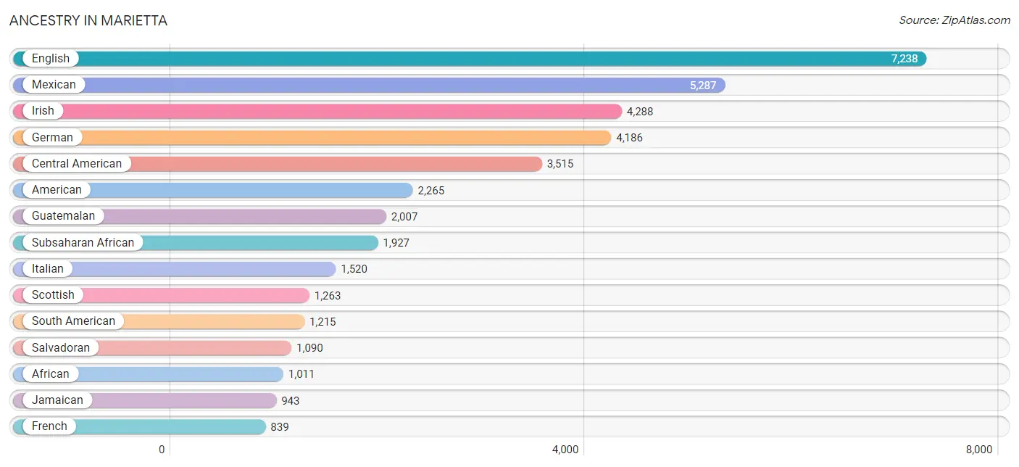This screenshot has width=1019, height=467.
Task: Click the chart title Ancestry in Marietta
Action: click(x=88, y=20)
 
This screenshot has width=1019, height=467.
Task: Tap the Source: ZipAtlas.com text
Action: click(x=954, y=20)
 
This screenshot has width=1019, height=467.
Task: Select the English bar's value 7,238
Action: click(x=904, y=59)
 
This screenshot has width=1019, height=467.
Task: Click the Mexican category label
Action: click(x=54, y=85)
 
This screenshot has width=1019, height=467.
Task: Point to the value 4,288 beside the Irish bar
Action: click(x=640, y=112)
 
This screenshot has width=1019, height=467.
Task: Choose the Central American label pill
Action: click(x=77, y=164)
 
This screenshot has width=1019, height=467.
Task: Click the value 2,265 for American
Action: click(x=431, y=191)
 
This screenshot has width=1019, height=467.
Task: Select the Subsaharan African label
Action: click(x=83, y=242)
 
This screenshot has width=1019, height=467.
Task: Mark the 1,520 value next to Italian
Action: click(x=354, y=269)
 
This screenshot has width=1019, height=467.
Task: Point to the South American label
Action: click(x=73, y=321)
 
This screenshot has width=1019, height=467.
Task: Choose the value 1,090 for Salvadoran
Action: click(x=309, y=348)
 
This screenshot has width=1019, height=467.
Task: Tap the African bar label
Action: click(x=50, y=374)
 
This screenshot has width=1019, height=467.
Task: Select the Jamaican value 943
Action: click(x=290, y=400)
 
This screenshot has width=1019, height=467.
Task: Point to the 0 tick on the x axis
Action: click(x=162, y=450)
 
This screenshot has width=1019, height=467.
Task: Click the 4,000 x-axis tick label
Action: click(x=565, y=450)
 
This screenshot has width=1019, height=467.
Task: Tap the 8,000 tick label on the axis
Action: click(x=978, y=450)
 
